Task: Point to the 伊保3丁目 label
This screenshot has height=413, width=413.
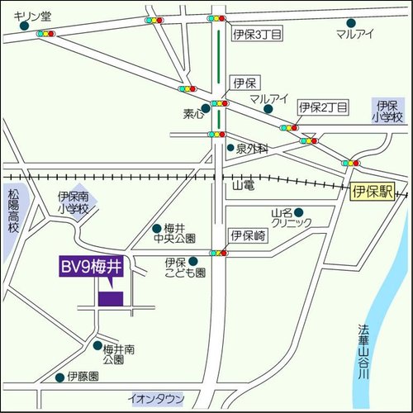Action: tap(257, 34)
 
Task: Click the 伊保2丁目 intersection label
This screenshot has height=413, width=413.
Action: tap(324, 107)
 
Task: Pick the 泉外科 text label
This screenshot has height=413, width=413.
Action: tap(253, 149)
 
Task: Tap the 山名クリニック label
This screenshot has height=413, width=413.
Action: tap(292, 218)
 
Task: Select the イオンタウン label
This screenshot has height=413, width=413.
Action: tap(157, 399)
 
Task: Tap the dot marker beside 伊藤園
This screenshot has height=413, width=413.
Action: tap(59, 377)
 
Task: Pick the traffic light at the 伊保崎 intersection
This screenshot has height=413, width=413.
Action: tap(218, 253)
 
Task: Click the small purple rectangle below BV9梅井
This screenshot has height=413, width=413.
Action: tap(110, 298)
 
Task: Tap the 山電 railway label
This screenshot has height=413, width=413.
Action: tap(244, 188)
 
